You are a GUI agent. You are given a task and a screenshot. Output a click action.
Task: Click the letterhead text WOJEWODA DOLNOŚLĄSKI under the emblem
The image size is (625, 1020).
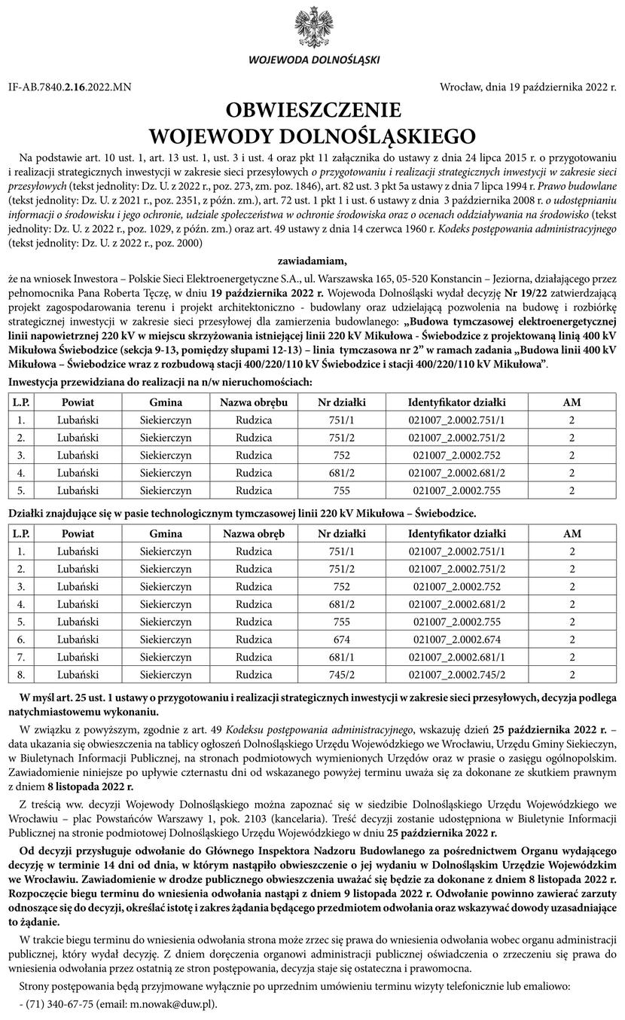(x=312, y=60)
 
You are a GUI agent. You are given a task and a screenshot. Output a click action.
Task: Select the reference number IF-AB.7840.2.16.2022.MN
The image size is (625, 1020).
(x=70, y=87)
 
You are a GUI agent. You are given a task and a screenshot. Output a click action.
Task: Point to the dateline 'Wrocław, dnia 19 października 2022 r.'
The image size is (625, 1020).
(x=527, y=87)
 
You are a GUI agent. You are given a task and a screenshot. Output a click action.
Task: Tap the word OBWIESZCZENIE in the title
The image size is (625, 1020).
(x=312, y=111)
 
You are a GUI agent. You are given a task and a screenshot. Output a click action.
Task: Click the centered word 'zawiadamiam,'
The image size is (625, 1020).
(x=312, y=261)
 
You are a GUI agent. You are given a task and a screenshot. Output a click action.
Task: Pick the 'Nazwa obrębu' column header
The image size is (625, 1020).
(x=254, y=402)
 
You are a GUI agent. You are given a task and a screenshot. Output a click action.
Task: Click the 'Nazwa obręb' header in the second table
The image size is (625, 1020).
(x=254, y=534)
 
